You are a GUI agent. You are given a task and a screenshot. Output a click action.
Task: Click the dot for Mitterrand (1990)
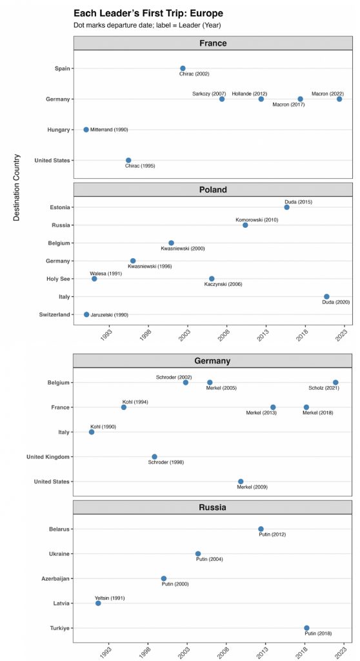86,129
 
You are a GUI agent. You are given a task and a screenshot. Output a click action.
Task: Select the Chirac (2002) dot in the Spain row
183,68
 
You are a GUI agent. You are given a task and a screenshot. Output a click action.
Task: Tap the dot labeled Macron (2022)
339,99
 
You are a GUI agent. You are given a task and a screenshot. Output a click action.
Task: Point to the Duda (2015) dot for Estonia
286,207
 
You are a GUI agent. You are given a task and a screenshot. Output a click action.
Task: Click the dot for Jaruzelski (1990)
86,314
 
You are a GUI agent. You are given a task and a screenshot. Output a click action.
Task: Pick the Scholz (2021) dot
335,382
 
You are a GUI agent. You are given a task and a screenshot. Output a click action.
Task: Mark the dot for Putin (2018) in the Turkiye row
306,627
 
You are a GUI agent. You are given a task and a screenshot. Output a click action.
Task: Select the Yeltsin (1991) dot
98,604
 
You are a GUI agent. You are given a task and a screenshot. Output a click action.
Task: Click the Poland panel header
213,190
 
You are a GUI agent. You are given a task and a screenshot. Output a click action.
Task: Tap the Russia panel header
213,507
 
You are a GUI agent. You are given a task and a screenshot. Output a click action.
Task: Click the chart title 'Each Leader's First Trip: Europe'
148,14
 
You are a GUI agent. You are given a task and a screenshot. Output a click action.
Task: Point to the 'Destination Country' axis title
17,188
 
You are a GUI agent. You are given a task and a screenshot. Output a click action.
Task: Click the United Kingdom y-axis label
48,457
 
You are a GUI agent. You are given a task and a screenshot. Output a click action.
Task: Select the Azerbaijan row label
56,579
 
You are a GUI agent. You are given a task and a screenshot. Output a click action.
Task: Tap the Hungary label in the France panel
58,130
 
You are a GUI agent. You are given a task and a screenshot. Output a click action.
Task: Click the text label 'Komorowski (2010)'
257,219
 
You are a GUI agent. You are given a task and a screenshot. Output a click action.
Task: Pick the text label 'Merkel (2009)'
252,487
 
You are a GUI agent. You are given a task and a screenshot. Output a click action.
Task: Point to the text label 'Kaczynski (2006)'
223,284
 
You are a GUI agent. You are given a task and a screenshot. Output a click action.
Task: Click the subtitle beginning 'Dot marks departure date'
147,25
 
